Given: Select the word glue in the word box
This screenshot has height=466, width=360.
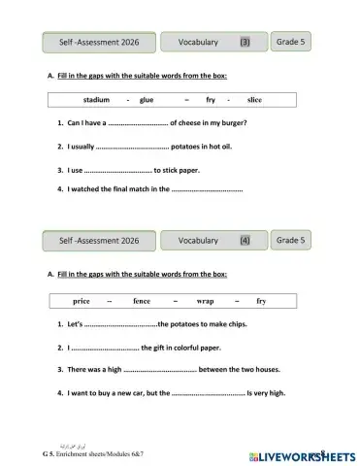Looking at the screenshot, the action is tap(147, 99).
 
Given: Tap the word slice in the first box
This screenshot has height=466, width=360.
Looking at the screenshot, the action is tap(254, 99).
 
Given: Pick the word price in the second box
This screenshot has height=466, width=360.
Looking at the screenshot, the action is tap(82, 301).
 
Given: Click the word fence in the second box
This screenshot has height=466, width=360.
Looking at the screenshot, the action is tap(142, 301).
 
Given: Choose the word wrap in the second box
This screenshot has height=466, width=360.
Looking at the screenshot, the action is tap(205, 301).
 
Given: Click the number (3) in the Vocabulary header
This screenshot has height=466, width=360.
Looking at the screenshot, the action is tap(245, 43).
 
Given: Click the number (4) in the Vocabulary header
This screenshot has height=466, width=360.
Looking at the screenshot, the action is tap(245, 241).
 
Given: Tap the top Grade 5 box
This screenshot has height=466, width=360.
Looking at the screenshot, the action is tap(291, 42).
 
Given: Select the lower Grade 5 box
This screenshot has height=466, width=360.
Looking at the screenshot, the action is tap(291, 240).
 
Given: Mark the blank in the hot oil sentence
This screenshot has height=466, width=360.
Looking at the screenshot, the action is tap(133, 148).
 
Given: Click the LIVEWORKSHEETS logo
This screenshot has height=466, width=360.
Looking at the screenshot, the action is tap(303, 453).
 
